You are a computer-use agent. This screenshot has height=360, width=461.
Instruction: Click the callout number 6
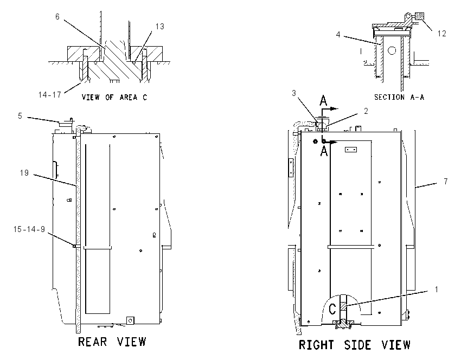coord(57,17)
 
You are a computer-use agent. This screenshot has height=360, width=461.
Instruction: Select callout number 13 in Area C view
coord(159,27)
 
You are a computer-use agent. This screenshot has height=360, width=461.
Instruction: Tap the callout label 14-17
coord(50,95)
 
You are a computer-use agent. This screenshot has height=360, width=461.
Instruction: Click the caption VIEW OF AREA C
coord(114,97)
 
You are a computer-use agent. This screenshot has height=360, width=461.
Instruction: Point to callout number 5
coord(20,116)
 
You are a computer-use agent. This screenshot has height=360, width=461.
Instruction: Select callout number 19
coord(24,173)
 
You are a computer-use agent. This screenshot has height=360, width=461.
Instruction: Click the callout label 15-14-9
coord(29,229)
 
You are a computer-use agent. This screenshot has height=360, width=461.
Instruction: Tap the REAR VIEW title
coord(112,342)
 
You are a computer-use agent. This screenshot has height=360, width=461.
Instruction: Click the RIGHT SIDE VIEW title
coord(354,345)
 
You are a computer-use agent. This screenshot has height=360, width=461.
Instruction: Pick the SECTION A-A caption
coord(399,97)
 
